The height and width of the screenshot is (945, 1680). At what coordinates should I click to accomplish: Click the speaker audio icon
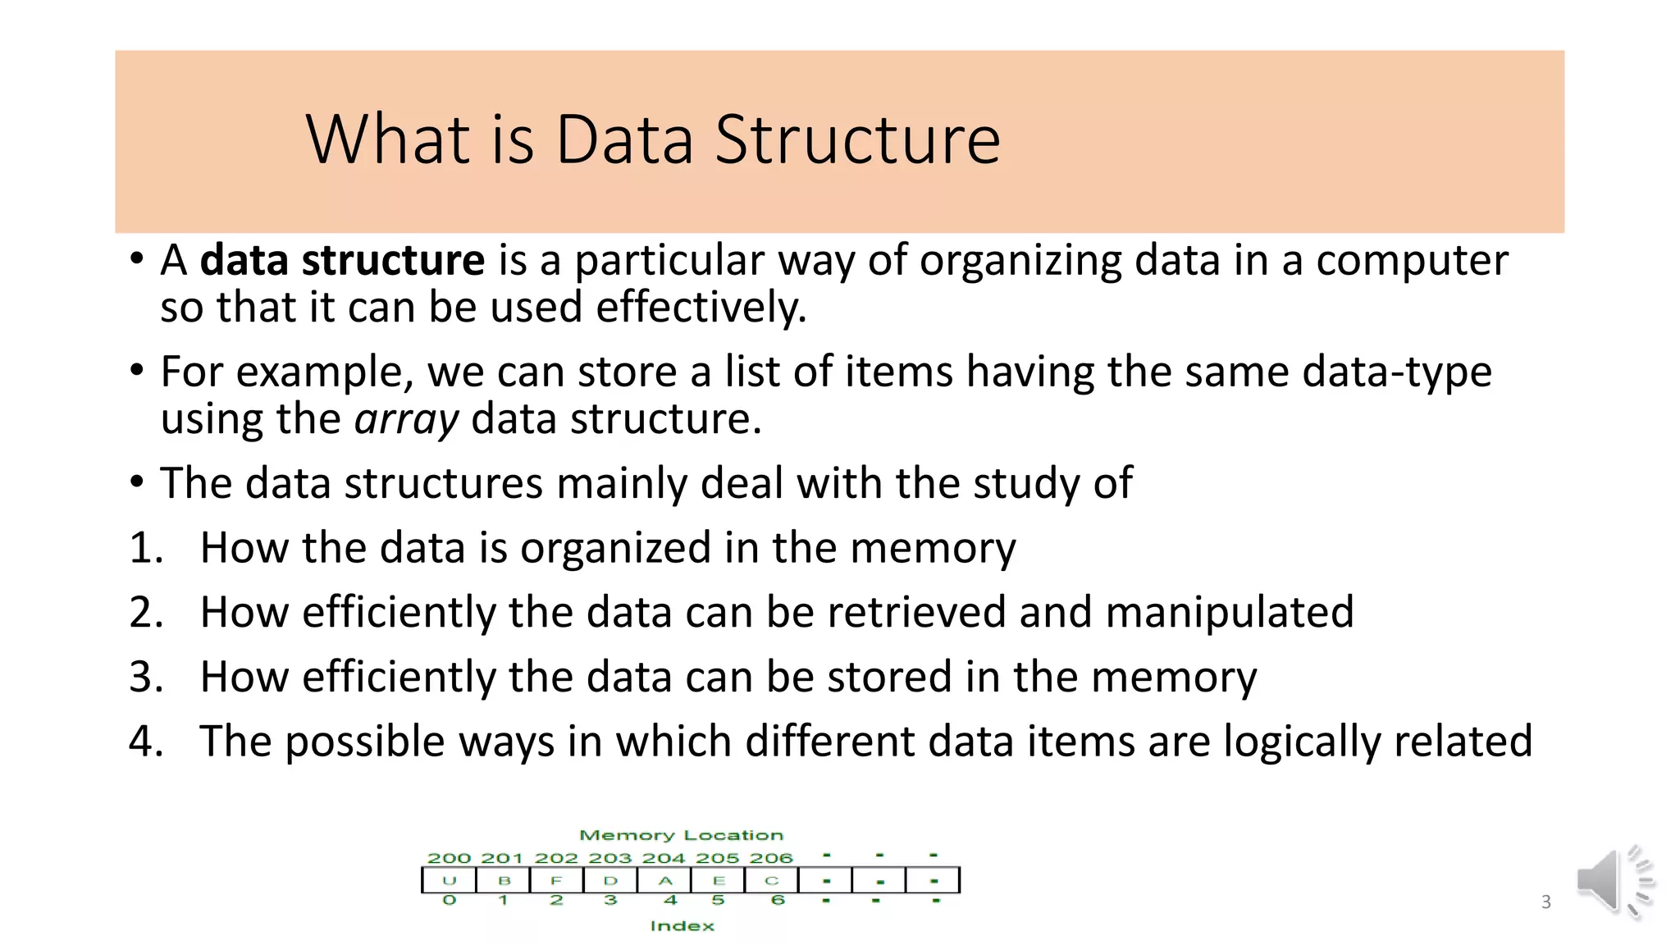[x=1613, y=882]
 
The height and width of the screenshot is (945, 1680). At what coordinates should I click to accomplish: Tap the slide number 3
[x=1546, y=902]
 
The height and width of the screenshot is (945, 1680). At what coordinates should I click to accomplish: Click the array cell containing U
[x=449, y=880]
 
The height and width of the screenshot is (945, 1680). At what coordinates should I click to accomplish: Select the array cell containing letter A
[x=664, y=880]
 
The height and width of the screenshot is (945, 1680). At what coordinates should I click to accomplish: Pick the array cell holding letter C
[x=772, y=880]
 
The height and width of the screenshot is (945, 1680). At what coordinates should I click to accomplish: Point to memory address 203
[x=610, y=858]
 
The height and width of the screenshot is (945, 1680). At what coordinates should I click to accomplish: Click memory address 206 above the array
[x=771, y=858]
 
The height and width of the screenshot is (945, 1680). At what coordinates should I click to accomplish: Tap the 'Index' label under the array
[x=682, y=925]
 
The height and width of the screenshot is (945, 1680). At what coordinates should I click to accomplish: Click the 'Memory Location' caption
[x=681, y=835]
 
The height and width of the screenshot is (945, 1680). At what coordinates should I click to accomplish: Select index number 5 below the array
[x=718, y=900]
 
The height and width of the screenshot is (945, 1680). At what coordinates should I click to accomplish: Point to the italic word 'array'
[x=407, y=419]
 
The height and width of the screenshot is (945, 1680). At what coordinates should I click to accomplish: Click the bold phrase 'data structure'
[x=343, y=261]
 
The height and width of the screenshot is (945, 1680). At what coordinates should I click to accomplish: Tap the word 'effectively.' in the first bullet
[x=701, y=308]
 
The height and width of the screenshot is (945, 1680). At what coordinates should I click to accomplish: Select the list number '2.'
[x=147, y=613]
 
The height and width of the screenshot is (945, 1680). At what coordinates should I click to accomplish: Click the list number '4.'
[x=147, y=742]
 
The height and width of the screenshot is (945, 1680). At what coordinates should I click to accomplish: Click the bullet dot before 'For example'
[x=137, y=371]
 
